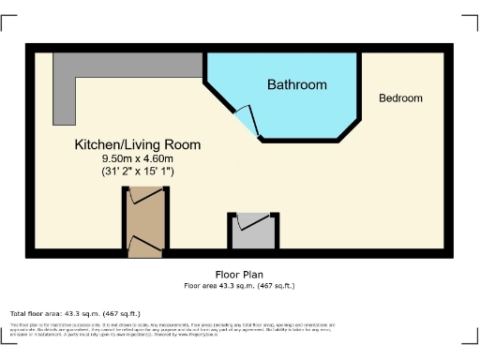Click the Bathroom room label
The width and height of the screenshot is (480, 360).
point(297,85)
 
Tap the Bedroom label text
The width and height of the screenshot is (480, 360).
point(400,98)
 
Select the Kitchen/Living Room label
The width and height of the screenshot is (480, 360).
point(137,145)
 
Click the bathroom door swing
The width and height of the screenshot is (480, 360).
point(245,120)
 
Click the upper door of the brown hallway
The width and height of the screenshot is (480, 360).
point(144,196)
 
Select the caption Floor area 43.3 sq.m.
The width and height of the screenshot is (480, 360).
point(239,286)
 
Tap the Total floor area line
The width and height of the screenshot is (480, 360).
point(75,313)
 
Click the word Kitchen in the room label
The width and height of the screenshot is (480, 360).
point(96,145)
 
